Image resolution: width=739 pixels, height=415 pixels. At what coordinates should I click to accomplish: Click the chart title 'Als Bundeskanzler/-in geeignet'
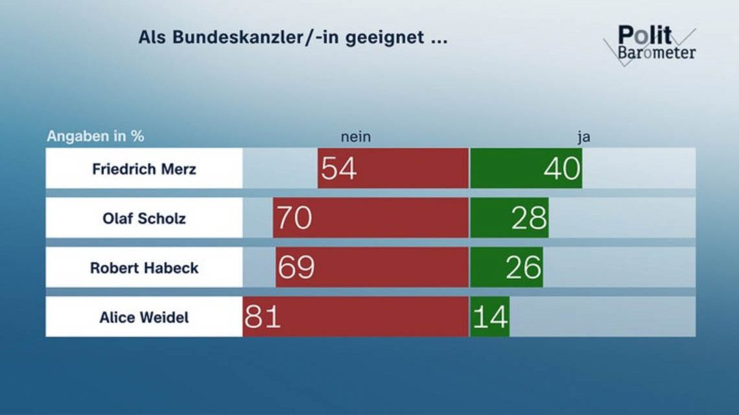292,37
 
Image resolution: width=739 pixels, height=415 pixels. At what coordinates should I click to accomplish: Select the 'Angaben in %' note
95,137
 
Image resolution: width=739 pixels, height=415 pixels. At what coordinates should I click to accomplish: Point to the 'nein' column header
356,137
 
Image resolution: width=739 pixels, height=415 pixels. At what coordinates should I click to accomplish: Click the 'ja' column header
583,137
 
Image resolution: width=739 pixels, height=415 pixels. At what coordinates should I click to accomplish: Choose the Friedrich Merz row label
144,169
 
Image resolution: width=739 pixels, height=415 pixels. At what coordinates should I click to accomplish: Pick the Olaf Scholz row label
144,218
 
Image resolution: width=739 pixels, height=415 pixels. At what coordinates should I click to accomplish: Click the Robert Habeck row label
144,267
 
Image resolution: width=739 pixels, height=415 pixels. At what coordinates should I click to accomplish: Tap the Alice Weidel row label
144,317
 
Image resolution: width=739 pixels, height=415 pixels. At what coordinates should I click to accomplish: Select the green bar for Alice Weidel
489,317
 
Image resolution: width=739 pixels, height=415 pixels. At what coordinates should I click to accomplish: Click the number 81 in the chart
263,317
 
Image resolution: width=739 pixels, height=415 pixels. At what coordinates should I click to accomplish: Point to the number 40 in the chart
561,169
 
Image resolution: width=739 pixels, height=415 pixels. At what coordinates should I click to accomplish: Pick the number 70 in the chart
294,219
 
